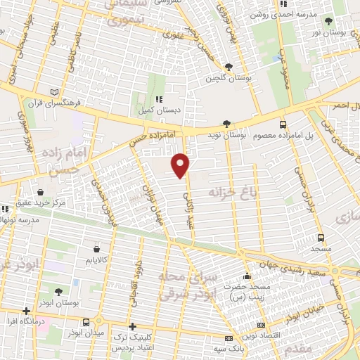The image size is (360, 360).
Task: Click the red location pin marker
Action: click(181, 165)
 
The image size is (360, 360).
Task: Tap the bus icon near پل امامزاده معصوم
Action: click(283, 124)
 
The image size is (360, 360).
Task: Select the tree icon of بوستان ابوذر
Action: click(58, 291)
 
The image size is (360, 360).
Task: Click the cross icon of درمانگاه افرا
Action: click(26, 310)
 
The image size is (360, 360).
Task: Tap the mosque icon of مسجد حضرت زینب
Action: click(247, 276)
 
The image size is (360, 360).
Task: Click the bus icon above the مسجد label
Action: click(321, 238)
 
